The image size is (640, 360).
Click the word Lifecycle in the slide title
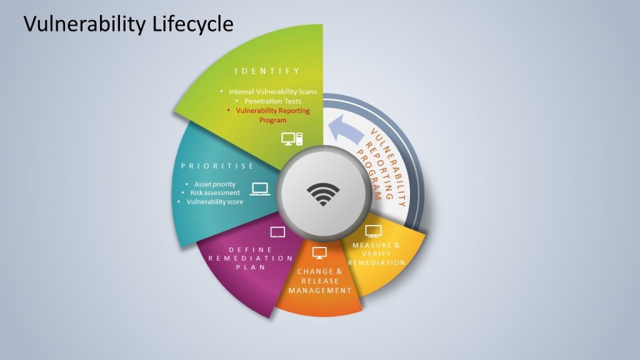click(193, 24)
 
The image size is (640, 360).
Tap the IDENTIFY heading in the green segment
click(267, 71)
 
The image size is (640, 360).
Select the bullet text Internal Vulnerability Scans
click(272, 91)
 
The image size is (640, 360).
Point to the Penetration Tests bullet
click(272, 101)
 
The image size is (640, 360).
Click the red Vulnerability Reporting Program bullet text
click(272, 115)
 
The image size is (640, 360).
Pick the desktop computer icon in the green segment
click(292, 139)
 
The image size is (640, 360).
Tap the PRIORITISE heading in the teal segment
click(217, 166)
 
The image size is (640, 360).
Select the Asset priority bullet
click(215, 184)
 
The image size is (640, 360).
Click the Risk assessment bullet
click(215, 192)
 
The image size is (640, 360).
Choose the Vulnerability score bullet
click(215, 202)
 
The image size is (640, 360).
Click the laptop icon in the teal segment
click(260, 189)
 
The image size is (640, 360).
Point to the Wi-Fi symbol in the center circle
click(323, 194)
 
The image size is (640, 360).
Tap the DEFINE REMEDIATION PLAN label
click(251, 258)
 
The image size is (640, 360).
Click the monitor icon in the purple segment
click(277, 232)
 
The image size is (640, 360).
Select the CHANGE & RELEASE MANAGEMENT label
click(320, 281)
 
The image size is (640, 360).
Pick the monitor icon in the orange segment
click(319, 252)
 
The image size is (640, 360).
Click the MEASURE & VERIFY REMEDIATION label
click(376, 254)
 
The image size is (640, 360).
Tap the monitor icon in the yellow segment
click(374, 231)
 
